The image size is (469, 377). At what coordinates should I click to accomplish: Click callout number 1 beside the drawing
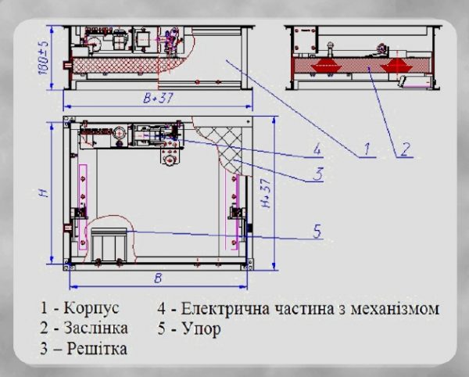[367, 149]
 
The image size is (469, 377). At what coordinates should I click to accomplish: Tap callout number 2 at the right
[404, 149]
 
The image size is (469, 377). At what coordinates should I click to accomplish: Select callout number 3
[318, 174]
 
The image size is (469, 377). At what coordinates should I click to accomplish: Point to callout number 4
[317, 149]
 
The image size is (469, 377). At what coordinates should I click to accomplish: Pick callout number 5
[317, 231]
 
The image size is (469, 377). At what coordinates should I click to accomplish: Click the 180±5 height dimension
[44, 56]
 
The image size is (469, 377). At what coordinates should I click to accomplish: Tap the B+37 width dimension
[158, 98]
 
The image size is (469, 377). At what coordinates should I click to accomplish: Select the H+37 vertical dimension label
[266, 193]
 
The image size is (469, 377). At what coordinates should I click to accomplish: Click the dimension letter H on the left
[45, 192]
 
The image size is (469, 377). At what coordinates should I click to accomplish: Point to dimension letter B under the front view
[158, 278]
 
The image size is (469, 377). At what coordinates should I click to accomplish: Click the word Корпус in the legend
[91, 308]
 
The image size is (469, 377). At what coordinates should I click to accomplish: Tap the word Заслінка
[95, 328]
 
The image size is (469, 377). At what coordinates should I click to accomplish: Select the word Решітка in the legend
[97, 348]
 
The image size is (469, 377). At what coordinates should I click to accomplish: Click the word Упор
[202, 329]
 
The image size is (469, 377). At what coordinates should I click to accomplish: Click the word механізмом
[395, 309]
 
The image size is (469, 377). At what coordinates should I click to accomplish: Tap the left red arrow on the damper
[327, 65]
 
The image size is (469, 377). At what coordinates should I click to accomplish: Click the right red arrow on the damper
[398, 65]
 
